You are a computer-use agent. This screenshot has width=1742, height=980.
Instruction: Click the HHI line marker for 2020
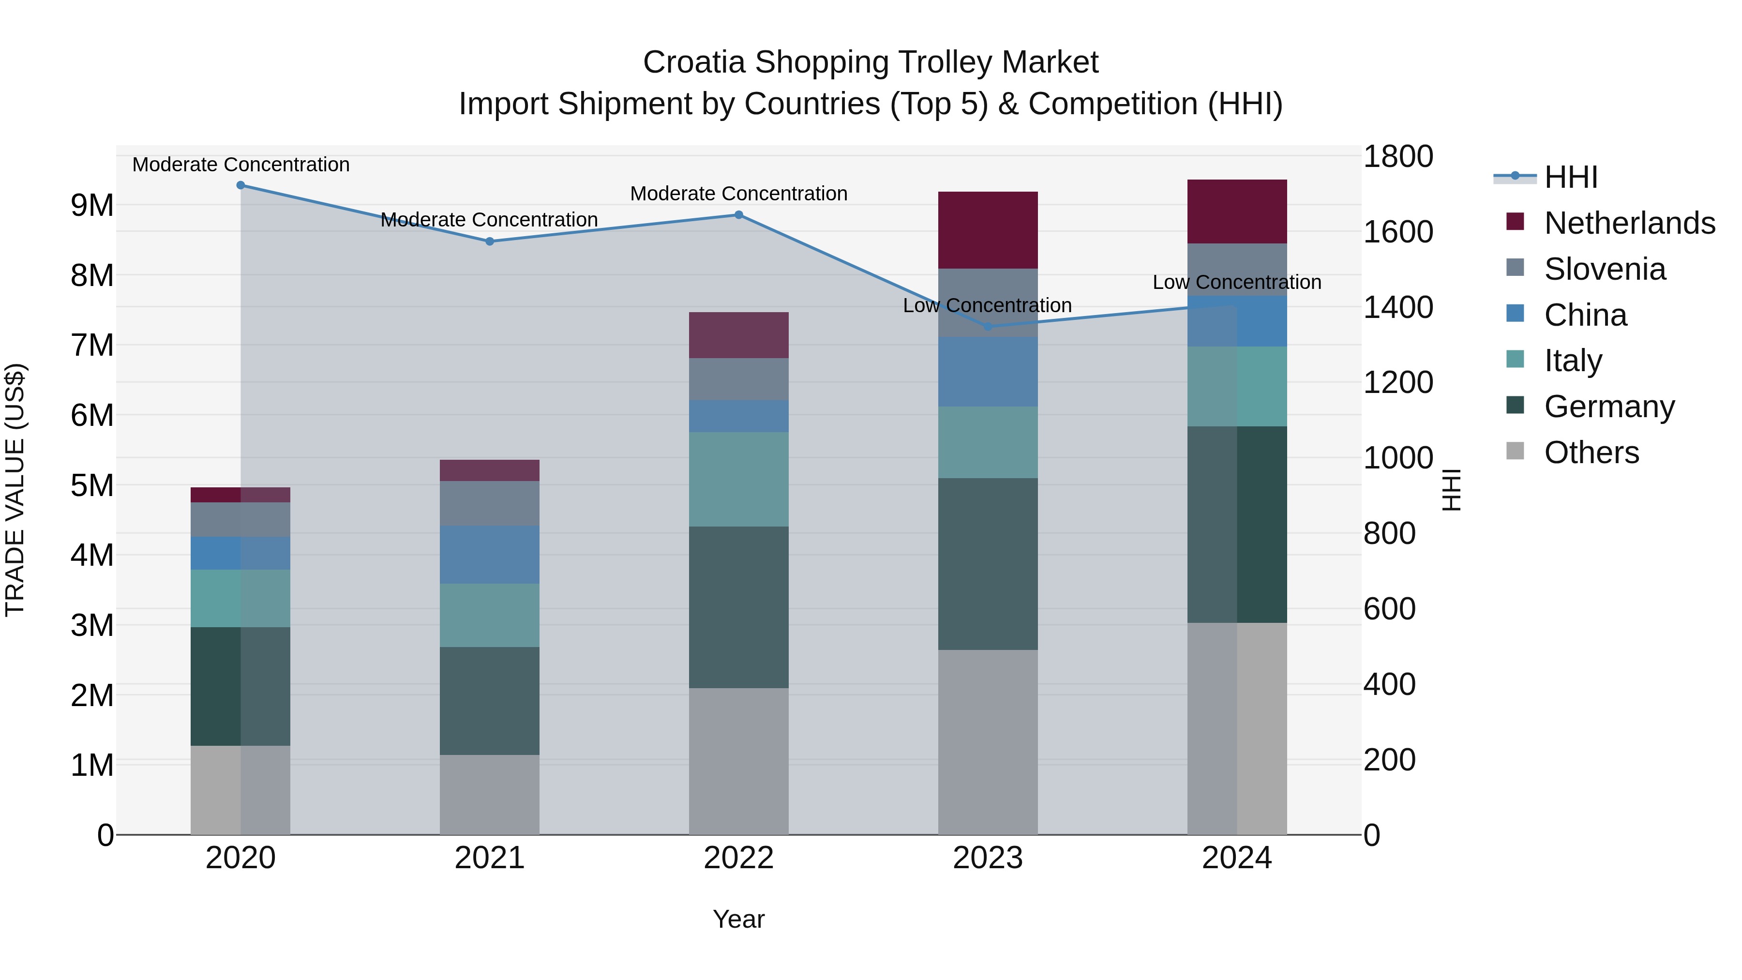click(x=241, y=185)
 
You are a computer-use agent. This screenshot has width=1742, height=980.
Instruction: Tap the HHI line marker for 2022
click(x=738, y=215)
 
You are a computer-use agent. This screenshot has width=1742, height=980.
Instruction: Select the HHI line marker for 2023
click(x=987, y=327)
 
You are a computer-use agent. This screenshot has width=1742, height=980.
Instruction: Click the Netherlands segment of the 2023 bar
click(x=987, y=230)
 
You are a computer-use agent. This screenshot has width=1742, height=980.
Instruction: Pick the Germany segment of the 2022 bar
click(x=738, y=607)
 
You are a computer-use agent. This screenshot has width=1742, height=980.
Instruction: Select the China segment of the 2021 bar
click(x=490, y=555)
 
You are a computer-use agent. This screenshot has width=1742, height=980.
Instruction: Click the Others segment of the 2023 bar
click(x=987, y=742)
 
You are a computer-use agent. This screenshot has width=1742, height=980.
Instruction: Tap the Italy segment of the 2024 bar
click(x=1237, y=386)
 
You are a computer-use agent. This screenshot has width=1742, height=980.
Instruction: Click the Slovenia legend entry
click(x=1604, y=269)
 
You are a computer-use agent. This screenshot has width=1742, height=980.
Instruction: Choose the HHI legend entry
click(x=1570, y=177)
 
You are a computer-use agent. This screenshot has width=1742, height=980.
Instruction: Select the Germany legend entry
click(x=1608, y=407)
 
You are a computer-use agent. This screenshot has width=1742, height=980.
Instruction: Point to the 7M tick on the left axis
click(x=92, y=345)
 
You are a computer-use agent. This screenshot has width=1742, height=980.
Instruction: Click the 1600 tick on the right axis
click(x=1397, y=232)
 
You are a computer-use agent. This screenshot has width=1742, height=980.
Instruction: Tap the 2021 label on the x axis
click(x=490, y=858)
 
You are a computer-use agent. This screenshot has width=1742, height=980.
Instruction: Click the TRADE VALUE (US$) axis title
click(x=15, y=490)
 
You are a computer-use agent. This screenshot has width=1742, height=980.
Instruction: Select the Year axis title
click(x=738, y=919)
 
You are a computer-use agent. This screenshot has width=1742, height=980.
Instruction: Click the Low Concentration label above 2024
click(x=1237, y=282)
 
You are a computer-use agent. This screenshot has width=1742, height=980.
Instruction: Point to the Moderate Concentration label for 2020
click(x=241, y=165)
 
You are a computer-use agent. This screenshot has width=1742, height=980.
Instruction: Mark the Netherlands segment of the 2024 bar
click(x=1237, y=211)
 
